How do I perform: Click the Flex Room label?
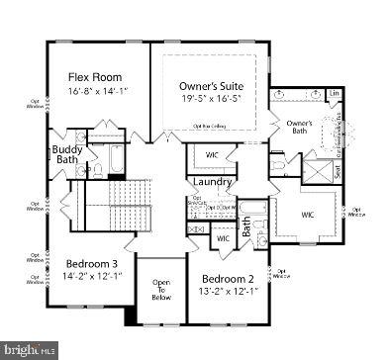coord(94,76)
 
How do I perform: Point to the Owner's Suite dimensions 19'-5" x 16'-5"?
coord(210,100)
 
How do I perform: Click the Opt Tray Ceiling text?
coord(211,127)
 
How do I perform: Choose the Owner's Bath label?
coord(300,127)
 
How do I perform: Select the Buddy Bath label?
coord(67,155)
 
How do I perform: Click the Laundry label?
coord(213,182)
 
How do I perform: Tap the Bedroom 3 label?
coord(93,264)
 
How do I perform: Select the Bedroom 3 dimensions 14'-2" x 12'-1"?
coord(93,278)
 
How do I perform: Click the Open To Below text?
coord(161,289)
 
